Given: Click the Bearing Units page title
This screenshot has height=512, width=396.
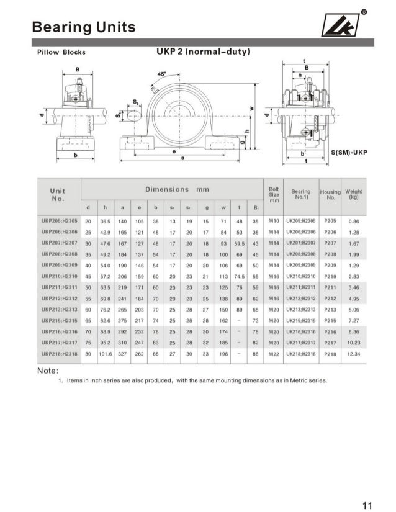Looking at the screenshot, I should point(83,27).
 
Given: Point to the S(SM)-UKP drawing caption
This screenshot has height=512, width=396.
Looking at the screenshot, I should point(349,151).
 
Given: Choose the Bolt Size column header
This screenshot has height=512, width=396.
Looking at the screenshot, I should point(274,193).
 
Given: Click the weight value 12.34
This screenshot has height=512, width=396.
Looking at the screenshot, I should point(354,353).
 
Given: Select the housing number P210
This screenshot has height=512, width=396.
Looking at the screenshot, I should point(330,276).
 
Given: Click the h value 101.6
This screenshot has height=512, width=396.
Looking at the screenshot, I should point(106,353).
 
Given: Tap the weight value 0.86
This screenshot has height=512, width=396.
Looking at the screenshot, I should point(354,220).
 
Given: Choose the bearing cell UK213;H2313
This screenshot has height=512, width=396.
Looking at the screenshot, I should point(302,309).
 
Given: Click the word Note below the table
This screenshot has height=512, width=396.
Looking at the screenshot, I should point(48,370).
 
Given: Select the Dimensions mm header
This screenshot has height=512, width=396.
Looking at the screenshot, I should point(177,189).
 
